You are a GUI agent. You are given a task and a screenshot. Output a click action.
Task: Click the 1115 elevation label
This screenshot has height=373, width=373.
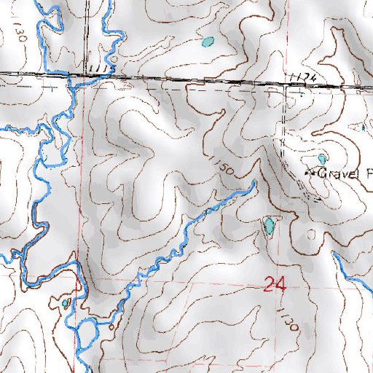click(100, 68)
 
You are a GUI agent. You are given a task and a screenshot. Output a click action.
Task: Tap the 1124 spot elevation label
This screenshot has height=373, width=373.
click(302, 78)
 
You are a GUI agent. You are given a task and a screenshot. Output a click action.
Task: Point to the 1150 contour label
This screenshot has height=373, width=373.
click(224, 167)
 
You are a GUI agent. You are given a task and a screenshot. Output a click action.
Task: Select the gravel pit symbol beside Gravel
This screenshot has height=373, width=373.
click(308, 173)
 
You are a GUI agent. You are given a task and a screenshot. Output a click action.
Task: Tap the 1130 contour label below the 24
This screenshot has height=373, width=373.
click(286, 319)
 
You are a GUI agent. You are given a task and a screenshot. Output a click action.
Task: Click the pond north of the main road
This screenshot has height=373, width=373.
click(208, 42)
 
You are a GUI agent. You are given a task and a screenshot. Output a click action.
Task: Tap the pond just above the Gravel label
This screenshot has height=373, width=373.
click(322, 158)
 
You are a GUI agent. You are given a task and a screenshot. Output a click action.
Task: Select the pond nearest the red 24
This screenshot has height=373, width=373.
click(270, 226)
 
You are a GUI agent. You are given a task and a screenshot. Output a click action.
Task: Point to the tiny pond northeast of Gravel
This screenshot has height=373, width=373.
click(364, 128)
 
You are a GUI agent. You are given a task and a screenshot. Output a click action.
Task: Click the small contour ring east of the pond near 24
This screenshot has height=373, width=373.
click(312, 235)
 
